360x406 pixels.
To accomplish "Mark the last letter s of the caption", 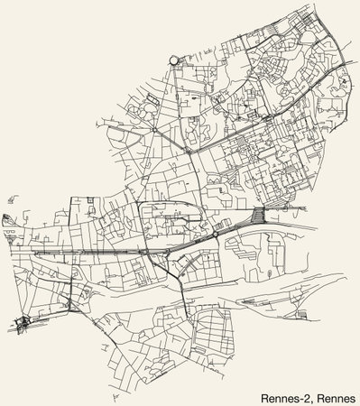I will [x=354, y=396].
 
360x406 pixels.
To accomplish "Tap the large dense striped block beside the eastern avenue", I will [x=260, y=217].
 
